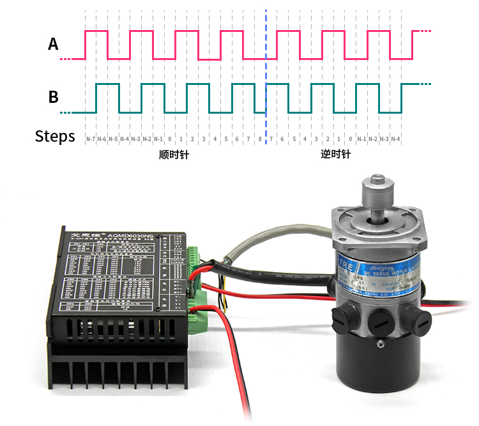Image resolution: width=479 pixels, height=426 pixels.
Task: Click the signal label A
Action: (x=54, y=44)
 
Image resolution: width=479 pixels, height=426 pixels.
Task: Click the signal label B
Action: (x=54, y=97)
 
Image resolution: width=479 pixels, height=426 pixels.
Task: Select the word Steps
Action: (x=55, y=136)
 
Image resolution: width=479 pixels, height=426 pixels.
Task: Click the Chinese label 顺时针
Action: (x=174, y=155)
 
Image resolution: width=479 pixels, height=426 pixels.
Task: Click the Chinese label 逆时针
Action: (x=336, y=155)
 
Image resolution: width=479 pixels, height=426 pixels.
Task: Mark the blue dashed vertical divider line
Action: (x=266, y=77)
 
